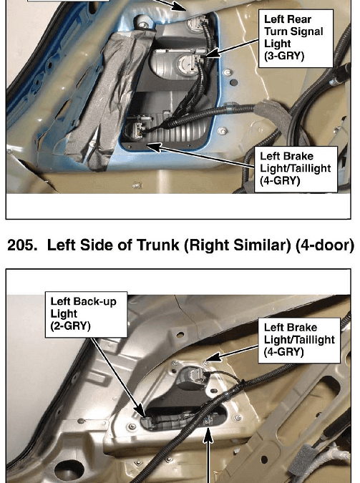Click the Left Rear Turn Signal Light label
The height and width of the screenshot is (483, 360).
(296, 38)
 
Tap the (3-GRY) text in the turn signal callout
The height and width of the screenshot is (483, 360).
(284, 56)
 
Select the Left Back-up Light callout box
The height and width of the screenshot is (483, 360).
(87, 315)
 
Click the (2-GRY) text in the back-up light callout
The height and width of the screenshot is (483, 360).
(71, 326)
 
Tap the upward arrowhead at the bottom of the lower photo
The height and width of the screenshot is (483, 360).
(209, 434)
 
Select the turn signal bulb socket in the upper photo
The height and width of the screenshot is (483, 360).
(186, 62)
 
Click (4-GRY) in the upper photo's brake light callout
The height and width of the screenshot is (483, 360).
(280, 180)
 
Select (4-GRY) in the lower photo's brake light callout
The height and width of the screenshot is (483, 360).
(284, 351)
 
